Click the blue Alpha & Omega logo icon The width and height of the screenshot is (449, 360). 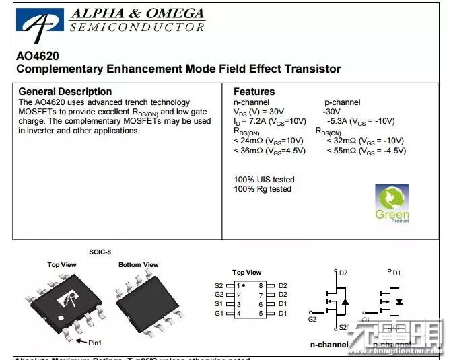tap(40, 25)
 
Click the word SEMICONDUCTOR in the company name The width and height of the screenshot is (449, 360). tap(137, 27)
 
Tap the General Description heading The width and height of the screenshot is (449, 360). tap(65, 92)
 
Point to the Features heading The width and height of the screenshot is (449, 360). tap(254, 92)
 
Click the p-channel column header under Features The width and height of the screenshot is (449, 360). tap(342, 102)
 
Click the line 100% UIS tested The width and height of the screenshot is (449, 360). tap(264, 180)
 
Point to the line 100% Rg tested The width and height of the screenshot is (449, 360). tap(263, 189)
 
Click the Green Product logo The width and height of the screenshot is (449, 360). tap(392, 204)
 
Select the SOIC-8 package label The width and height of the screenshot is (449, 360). tap(100, 252)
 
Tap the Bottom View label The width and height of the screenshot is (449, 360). tap(139, 264)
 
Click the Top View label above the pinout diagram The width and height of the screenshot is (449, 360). tap(246, 273)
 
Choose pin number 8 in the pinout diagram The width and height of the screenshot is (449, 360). tap(260, 285)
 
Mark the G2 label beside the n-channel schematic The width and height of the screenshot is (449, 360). tap(312, 319)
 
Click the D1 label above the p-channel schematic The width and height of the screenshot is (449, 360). tap(396, 273)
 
